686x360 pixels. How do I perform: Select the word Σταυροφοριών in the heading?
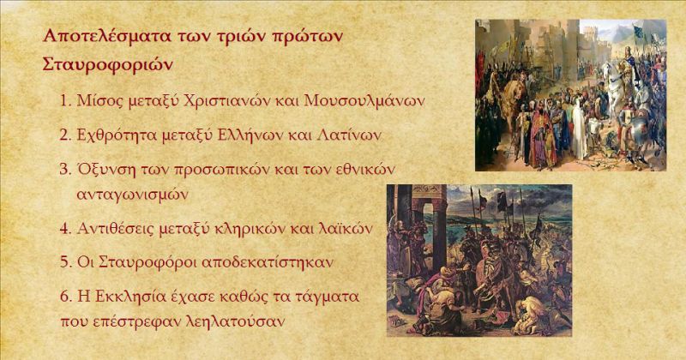click(108, 65)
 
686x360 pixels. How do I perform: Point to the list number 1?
click(65, 101)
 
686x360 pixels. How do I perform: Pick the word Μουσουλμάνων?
click(364, 101)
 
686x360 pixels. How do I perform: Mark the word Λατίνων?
click(348, 135)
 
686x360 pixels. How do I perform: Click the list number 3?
click(65, 170)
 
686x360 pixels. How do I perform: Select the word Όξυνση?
click(106, 170)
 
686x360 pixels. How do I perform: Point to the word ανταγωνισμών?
click(133, 195)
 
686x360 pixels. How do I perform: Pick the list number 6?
click(65, 297)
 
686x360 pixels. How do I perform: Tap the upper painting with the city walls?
click(571, 95)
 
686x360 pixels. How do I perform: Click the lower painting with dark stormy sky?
click(479, 261)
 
